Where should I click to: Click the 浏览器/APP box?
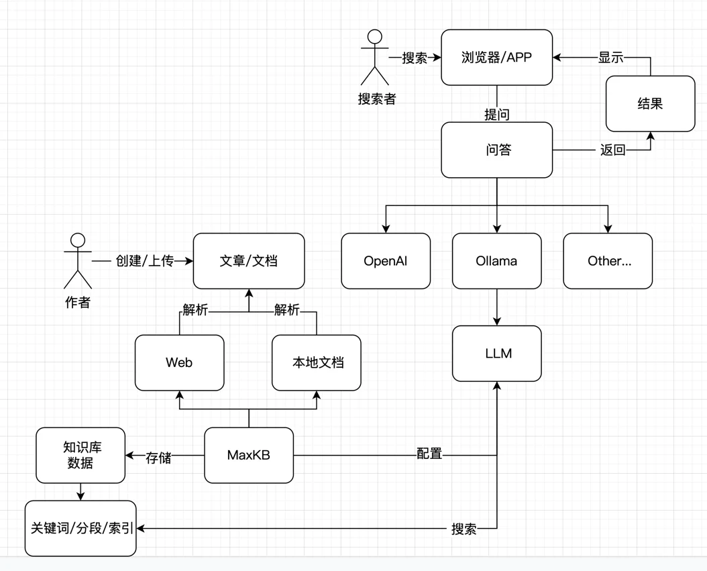pos(496,58)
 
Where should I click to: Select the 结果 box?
pos(650,104)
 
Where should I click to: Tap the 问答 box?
pos(496,150)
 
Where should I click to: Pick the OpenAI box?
pos(386,261)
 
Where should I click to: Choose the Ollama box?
pos(496,261)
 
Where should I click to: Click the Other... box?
pos(608,261)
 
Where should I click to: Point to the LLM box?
pos(496,353)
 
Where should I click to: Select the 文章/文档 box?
pos(248,261)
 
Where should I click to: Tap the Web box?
pos(179,362)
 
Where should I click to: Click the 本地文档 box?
pos(317,362)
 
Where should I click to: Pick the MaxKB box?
pos(248,455)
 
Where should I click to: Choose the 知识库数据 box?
pos(80,455)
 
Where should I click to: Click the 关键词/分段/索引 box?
pos(80,528)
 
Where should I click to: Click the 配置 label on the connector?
pos(429,454)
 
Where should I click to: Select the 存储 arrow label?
pos(158,458)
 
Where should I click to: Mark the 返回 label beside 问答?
pos(612,150)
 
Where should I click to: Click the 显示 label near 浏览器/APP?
pos(611,58)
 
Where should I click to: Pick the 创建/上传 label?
pos(144,261)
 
